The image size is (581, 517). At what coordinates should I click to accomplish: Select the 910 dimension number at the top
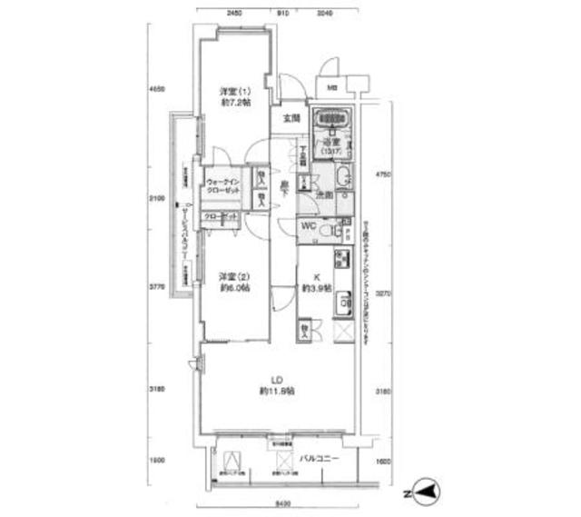[x=283, y=14]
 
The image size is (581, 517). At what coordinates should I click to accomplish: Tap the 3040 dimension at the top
[x=326, y=14]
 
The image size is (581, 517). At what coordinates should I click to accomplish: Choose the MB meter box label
[x=330, y=88]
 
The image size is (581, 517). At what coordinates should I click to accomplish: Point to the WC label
[x=309, y=227]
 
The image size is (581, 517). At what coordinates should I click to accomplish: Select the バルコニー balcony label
[x=319, y=459]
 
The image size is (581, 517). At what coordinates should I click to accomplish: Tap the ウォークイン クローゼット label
[x=223, y=188]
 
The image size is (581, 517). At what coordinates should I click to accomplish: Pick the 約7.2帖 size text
[x=236, y=104]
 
